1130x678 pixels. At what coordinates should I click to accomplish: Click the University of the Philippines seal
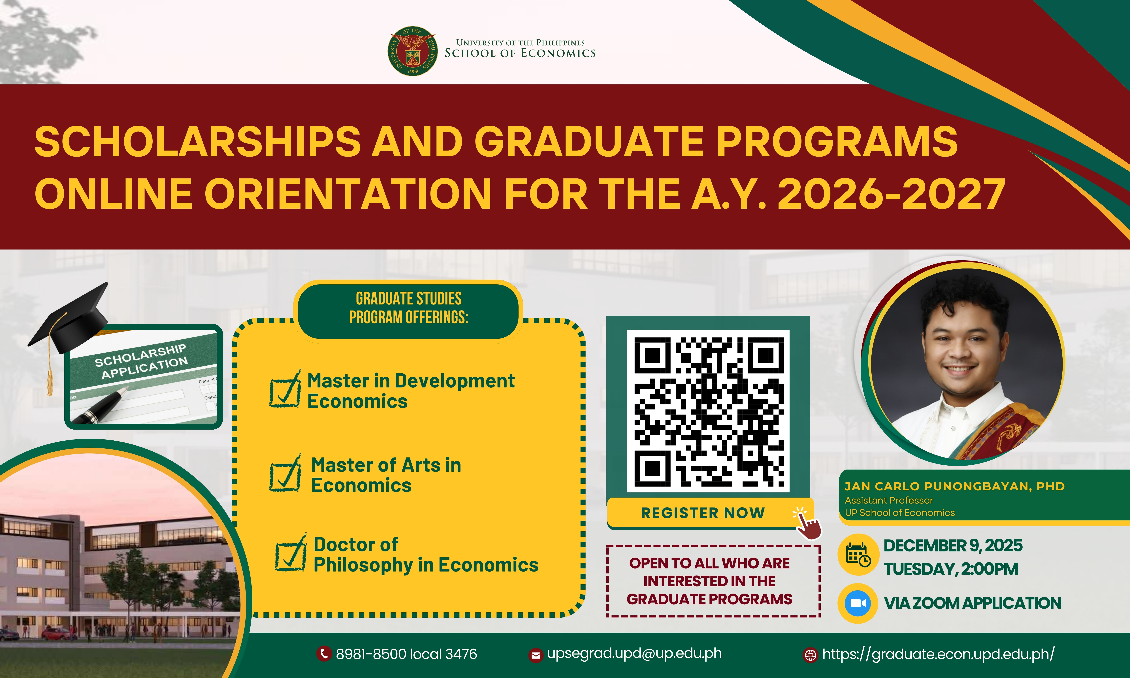tap(412, 51)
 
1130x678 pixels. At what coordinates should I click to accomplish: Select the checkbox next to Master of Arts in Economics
tap(285, 473)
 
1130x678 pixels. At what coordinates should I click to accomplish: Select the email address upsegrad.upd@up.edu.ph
tap(634, 654)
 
